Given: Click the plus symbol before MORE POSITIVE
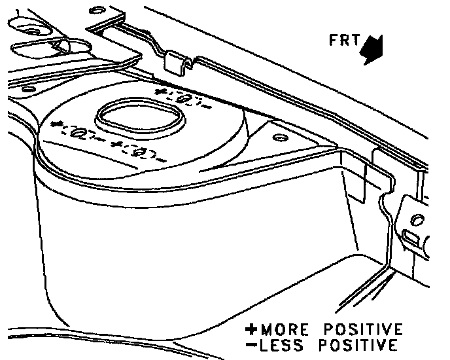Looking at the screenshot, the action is click(x=251, y=329).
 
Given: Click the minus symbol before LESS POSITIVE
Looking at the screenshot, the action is click(x=251, y=344).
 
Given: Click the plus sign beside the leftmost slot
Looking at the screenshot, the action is click(x=55, y=124).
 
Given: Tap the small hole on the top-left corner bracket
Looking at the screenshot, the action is click(x=97, y=11).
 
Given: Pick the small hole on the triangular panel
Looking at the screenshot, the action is click(x=279, y=137).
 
